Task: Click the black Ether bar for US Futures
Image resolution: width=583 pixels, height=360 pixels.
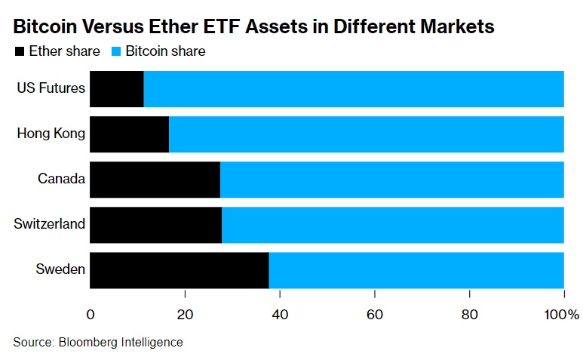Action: coord(117,89)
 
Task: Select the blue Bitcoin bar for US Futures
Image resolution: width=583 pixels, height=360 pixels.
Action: coord(354,89)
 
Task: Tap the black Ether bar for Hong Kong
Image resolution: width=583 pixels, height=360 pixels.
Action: coord(129,134)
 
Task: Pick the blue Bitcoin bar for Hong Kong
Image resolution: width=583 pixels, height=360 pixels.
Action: coord(367,134)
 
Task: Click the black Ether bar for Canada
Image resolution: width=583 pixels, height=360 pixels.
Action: coord(155,180)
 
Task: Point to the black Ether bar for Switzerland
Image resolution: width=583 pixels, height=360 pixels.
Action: coord(155,224)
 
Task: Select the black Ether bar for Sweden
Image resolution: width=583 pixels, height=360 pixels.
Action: coord(179,269)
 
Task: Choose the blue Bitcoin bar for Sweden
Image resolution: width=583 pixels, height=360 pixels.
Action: coord(416,269)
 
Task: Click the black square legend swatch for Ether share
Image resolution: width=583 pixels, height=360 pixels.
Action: coord(19,52)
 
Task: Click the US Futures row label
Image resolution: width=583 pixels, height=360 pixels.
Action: coord(51,89)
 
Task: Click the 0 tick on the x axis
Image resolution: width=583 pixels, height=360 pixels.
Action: coord(91,313)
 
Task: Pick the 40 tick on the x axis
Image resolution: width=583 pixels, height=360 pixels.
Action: coord(280,313)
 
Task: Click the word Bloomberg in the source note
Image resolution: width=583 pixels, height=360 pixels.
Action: coord(85,342)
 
